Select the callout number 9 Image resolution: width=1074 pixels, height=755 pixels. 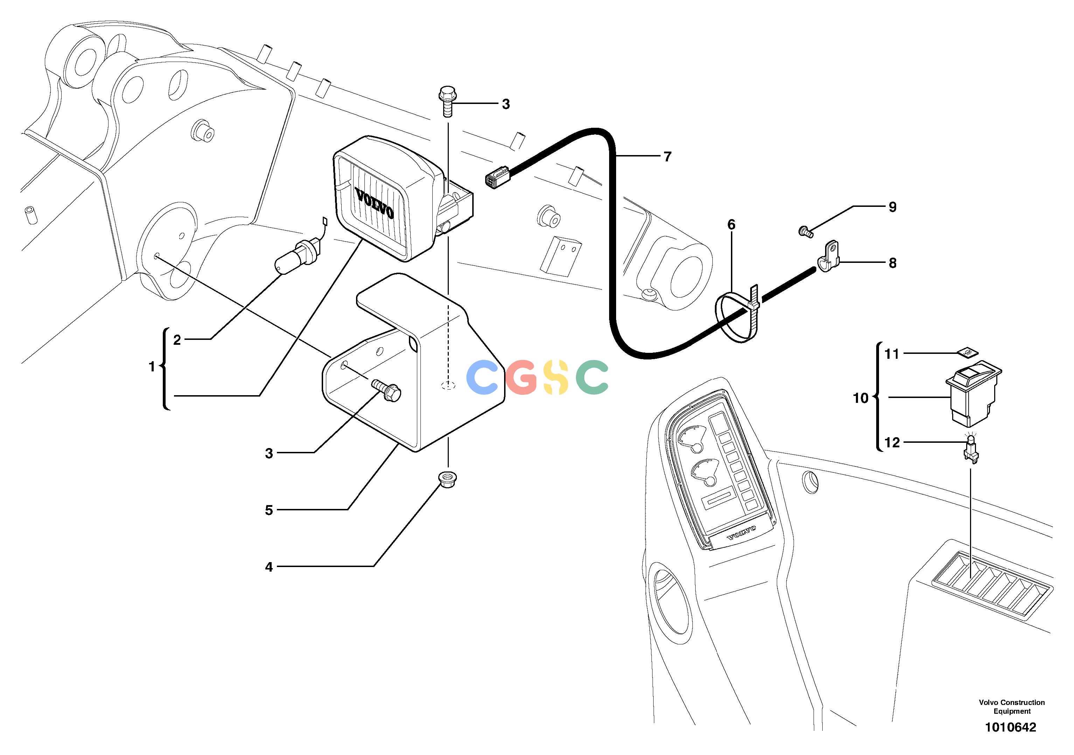pyautogui.click(x=893, y=207)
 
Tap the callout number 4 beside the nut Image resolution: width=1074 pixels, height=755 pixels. pyautogui.click(x=269, y=567)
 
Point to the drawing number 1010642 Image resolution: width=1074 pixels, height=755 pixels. pyautogui.click(x=1010, y=727)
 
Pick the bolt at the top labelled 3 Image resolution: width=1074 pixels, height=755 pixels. pyautogui.click(x=448, y=100)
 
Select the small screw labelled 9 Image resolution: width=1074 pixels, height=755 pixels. pyautogui.click(x=805, y=231)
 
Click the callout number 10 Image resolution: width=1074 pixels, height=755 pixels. pyautogui.click(x=861, y=398)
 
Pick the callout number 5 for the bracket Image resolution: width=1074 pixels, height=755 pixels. pyautogui.click(x=269, y=510)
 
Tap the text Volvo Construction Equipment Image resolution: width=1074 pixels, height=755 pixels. pyautogui.click(x=1012, y=707)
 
